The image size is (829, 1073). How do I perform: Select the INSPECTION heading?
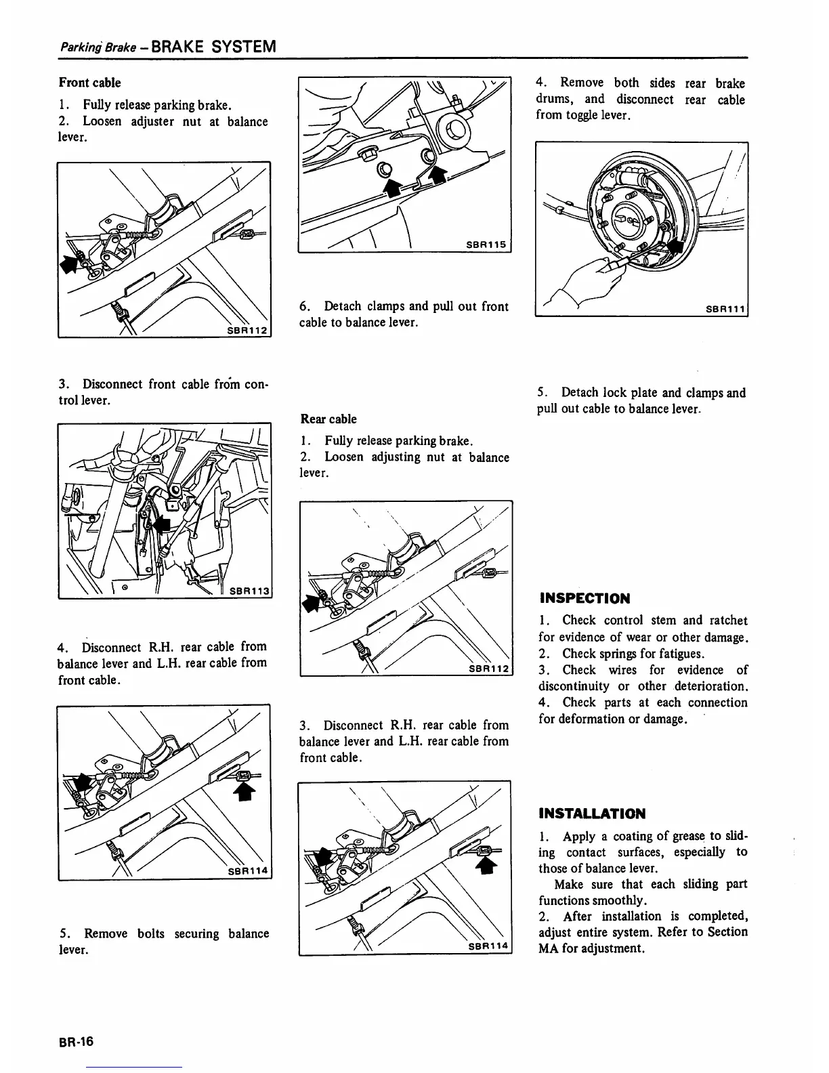[x=584, y=599]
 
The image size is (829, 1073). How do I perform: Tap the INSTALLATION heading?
[x=592, y=814]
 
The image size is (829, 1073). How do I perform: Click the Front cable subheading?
[x=89, y=83]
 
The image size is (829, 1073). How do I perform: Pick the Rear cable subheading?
[x=328, y=419]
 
